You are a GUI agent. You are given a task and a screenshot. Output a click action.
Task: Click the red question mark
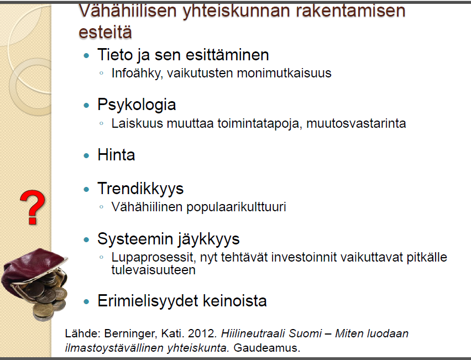coord(33,207)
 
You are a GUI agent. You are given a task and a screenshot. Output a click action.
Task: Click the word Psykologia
coord(137,105)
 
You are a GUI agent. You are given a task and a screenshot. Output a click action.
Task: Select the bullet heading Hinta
coord(116,155)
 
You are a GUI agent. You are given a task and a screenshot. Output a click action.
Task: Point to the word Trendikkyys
coord(140,189)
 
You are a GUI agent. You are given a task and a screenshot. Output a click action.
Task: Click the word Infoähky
coord(137,74)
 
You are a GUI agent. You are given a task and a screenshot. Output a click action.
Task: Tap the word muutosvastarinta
coord(356,123)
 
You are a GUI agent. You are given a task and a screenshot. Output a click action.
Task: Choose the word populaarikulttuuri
coord(236,207)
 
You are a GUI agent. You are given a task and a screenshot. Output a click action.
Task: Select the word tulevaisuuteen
coord(153,270)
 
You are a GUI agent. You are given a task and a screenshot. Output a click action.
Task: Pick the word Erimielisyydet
coord(148,301)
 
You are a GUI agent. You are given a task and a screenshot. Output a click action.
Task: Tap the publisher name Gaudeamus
coord(267,348)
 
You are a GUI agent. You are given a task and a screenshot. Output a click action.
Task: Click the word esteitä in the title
coord(105,32)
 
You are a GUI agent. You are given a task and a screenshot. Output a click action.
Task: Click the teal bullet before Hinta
coord(86,155)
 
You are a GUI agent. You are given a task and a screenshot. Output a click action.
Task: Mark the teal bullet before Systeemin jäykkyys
coord(86,240)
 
